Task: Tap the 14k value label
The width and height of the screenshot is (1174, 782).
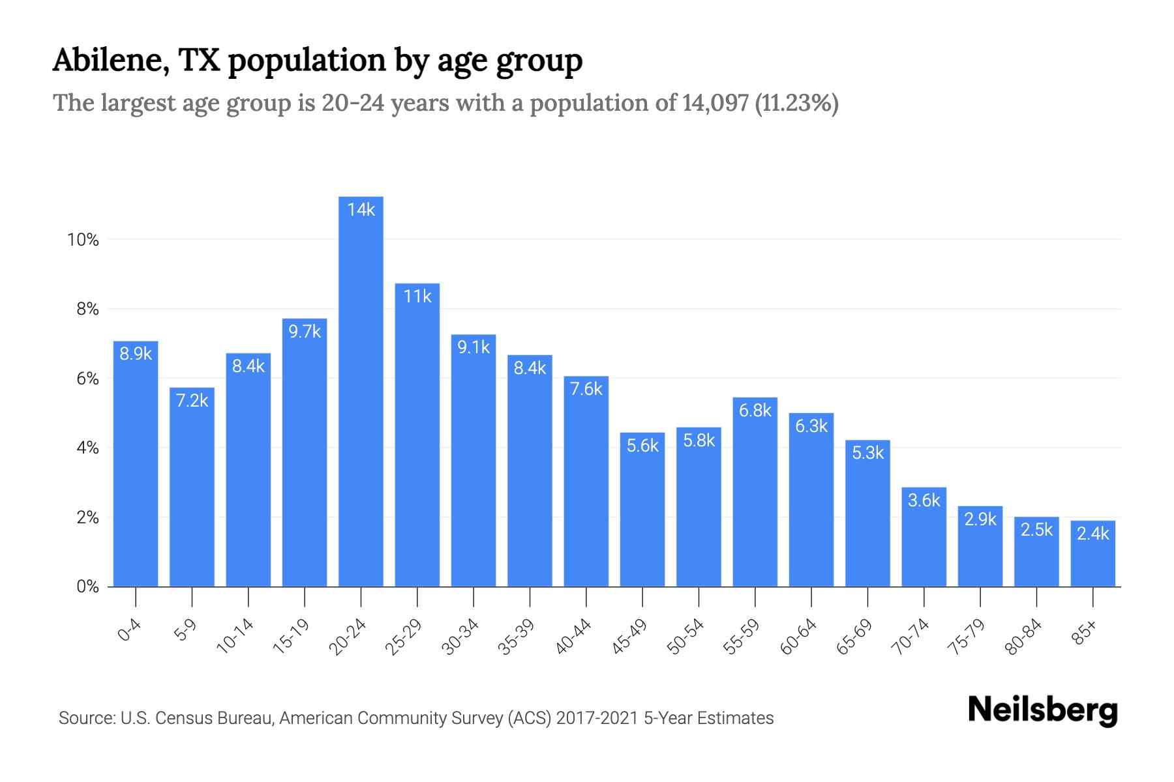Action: pos(361,210)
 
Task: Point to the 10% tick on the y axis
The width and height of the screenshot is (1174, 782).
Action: pos(83,240)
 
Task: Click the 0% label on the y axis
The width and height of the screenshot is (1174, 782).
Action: pos(87,586)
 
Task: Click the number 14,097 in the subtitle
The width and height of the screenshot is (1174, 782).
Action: pos(715,104)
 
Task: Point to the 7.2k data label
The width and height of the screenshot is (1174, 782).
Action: pos(192,400)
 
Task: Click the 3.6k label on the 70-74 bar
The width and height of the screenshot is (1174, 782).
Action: pos(924,500)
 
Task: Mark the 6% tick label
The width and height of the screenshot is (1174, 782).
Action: pos(87,379)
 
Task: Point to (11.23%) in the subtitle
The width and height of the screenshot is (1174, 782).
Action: pos(796,104)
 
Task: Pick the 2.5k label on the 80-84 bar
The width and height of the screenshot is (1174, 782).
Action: pos(1036,530)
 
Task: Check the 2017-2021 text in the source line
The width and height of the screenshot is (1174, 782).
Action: pos(597,718)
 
